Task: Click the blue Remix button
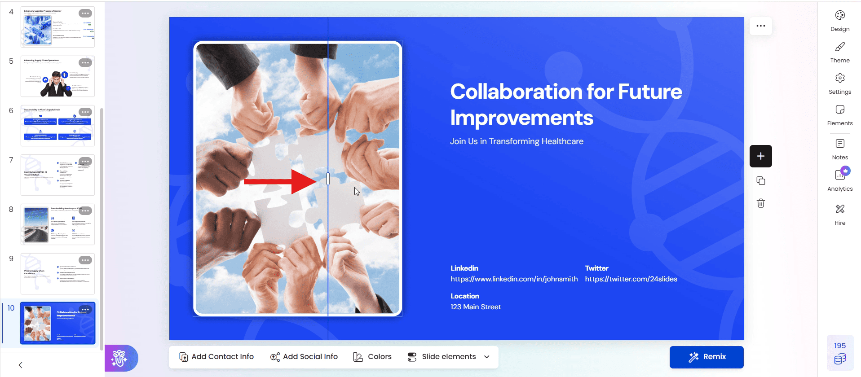point(706,357)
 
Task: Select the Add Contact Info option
point(216,357)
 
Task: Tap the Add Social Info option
point(304,357)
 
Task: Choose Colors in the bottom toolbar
point(372,357)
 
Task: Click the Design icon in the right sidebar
point(840,16)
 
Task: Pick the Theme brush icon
point(840,47)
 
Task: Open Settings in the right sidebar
point(840,79)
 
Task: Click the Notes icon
point(840,144)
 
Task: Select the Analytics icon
point(840,175)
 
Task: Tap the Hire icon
point(840,209)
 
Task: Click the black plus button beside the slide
point(760,156)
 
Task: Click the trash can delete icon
point(760,203)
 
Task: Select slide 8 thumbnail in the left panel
point(57,224)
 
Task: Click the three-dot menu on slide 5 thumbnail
point(85,63)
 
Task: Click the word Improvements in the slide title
point(521,118)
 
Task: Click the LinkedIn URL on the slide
point(514,279)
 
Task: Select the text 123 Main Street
point(476,307)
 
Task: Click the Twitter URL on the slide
point(631,279)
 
